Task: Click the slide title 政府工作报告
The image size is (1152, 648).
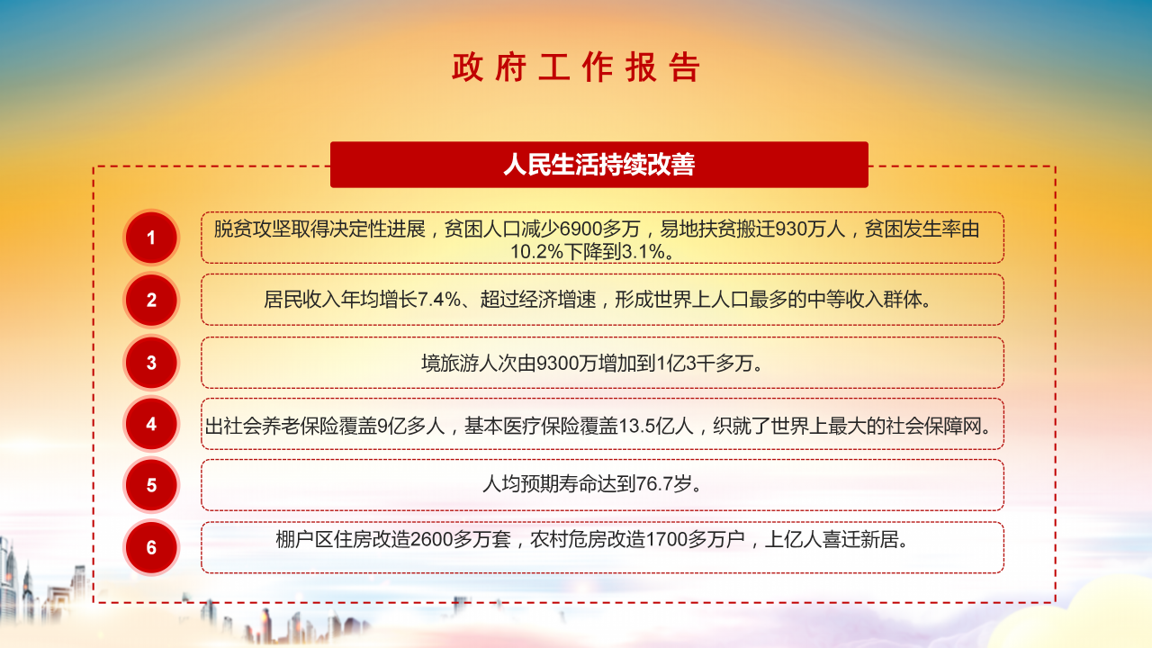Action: pyautogui.click(x=576, y=68)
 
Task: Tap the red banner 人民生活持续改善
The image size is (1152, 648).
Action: pyautogui.click(x=598, y=165)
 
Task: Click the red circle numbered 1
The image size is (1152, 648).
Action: pyautogui.click(x=151, y=238)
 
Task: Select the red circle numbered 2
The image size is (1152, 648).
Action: pyautogui.click(x=151, y=300)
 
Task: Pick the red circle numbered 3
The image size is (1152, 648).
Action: pyautogui.click(x=151, y=363)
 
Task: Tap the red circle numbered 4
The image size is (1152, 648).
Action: pyautogui.click(x=151, y=424)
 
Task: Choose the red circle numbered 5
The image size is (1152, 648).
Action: pyautogui.click(x=151, y=485)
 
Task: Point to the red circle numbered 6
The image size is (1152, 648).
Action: pyautogui.click(x=151, y=547)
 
